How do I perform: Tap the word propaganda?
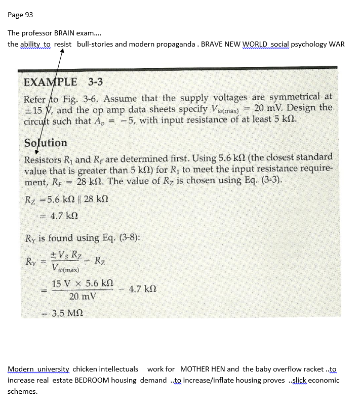tap(176, 44)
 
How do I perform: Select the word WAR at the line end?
tap(337, 44)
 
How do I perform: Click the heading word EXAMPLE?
tap(51, 82)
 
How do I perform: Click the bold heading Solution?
tap(46, 143)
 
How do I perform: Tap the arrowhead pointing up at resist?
tap(61, 53)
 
